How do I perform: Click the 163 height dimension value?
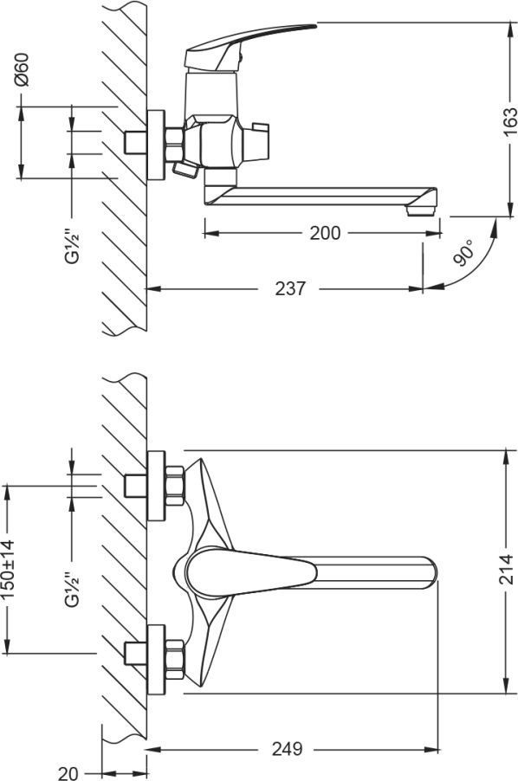click(510, 121)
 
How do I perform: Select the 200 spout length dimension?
click(325, 233)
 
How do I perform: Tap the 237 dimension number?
click(290, 288)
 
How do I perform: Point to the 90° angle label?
click(463, 252)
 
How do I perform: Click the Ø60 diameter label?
click(23, 69)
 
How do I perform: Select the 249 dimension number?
click(287, 749)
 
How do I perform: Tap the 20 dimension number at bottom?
click(68, 772)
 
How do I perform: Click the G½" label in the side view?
click(73, 245)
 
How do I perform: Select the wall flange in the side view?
click(156, 145)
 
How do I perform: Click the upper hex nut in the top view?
click(174, 486)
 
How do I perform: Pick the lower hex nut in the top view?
click(174, 660)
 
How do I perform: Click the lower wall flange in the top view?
click(156, 660)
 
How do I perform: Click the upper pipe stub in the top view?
click(135, 486)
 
